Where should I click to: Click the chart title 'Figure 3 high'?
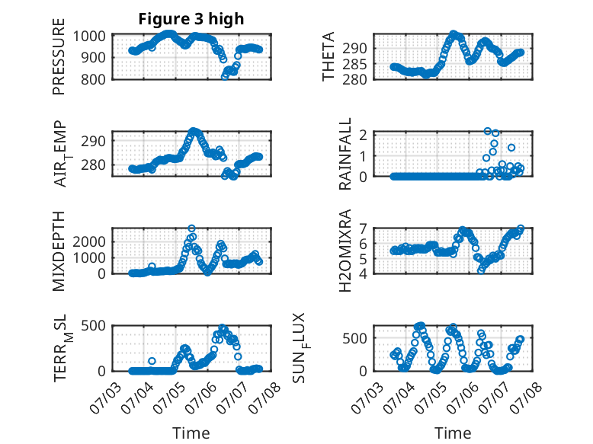click(191, 19)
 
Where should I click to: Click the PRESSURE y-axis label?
click(59, 56)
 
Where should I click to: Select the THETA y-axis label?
click(329, 56)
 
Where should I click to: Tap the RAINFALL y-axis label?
click(345, 154)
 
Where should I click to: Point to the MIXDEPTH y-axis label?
click(59, 251)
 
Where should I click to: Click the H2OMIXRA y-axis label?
click(345, 251)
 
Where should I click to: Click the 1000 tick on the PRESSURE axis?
click(89, 37)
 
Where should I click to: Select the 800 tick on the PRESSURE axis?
click(94, 79)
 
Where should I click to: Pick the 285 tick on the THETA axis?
click(354, 65)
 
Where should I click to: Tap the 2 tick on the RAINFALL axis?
click(363, 135)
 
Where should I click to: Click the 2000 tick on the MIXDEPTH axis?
click(89, 241)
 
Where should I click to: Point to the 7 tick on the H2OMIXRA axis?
click(363, 229)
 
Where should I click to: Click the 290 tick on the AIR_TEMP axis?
click(94, 142)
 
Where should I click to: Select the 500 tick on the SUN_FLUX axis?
click(354, 338)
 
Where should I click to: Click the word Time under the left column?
click(191, 433)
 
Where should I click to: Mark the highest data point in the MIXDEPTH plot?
click(192, 228)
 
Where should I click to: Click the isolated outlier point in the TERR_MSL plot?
click(152, 361)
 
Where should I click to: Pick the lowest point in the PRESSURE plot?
click(225, 76)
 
